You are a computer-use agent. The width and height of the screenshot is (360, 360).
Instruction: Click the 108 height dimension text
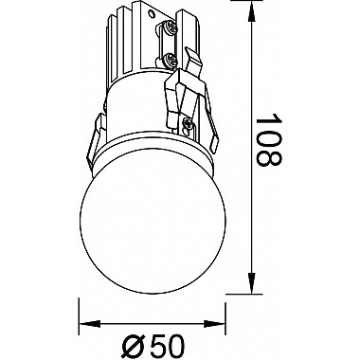(x=268, y=139)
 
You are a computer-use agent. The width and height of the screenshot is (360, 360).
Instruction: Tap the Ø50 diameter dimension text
(x=153, y=346)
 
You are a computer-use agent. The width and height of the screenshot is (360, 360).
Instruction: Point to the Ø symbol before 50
(x=132, y=347)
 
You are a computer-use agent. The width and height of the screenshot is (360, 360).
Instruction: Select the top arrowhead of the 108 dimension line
(x=251, y=11)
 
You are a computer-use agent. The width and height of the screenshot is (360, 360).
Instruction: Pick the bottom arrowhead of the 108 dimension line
(x=251, y=282)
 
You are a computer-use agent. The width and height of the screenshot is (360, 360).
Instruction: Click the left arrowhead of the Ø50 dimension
(x=89, y=324)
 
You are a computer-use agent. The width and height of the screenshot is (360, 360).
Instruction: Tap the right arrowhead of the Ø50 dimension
(x=214, y=324)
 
